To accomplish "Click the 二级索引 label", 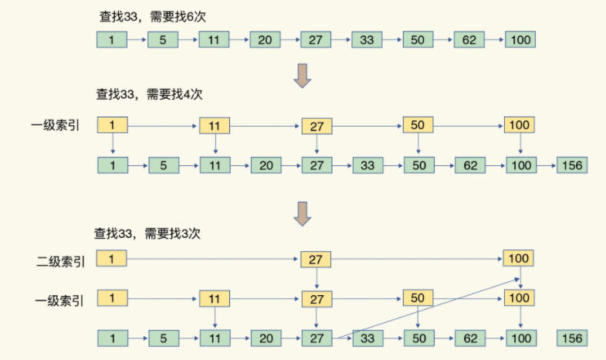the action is (61, 262).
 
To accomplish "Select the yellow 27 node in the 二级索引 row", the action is (316, 260).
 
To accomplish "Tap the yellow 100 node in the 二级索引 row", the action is (518, 258).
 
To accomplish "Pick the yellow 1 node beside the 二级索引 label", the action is (111, 259).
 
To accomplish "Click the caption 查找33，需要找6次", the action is (153, 17).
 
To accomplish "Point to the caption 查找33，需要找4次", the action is (149, 94).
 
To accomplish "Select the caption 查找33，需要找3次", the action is (147, 233).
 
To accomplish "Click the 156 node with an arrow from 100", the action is (572, 165).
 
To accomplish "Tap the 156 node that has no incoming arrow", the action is (572, 338).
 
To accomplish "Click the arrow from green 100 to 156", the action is (547, 166).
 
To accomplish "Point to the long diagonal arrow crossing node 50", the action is (428, 308).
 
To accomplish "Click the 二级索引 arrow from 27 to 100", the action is (417, 259).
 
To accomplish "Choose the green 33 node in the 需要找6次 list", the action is (367, 40).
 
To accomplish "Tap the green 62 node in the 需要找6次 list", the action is (469, 40).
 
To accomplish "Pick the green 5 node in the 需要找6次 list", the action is (163, 40).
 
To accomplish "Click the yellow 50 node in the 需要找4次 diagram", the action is (418, 125).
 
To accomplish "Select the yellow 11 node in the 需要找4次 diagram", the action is (215, 126).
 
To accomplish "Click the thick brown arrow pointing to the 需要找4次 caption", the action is (302, 76).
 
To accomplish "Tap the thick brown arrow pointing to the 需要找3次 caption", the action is (302, 213).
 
